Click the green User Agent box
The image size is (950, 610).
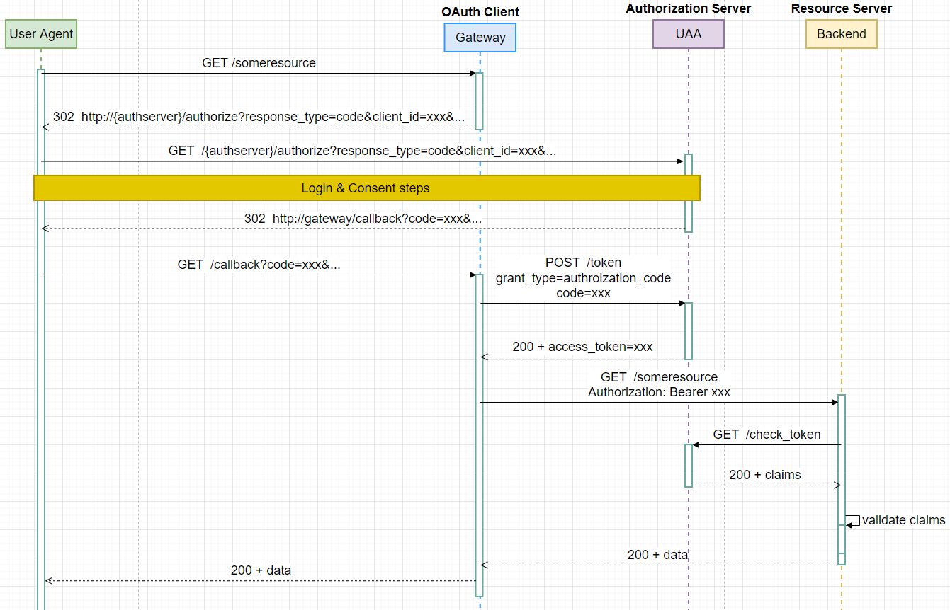(41, 34)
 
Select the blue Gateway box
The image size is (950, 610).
(480, 38)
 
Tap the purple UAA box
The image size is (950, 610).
(688, 33)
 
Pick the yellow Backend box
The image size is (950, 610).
(841, 33)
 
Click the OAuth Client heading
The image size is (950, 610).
(480, 12)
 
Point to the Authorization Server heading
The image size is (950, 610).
(689, 8)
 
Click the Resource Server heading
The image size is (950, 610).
(842, 8)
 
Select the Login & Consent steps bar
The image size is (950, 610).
(366, 188)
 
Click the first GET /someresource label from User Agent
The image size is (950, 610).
(259, 63)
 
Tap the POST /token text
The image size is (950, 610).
(583, 263)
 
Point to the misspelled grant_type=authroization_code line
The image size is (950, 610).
(583, 278)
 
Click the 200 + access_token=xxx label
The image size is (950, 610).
(582, 347)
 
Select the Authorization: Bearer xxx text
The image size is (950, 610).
(659, 392)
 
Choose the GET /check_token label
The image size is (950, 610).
(767, 435)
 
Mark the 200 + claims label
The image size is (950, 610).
(764, 475)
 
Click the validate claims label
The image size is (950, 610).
(903, 520)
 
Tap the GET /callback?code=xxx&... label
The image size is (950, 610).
(259, 265)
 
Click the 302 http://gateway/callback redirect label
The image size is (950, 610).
(363, 219)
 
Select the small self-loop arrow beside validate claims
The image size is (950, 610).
(853, 520)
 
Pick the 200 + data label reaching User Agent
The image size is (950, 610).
(261, 570)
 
